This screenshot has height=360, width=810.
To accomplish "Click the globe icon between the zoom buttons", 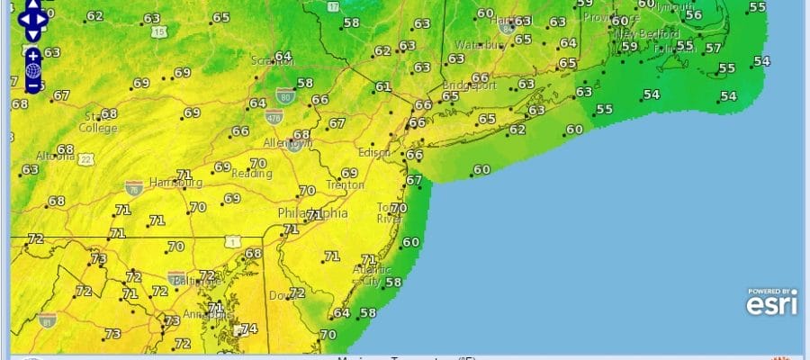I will (33, 70).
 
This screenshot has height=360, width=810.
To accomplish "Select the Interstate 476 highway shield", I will (274, 116).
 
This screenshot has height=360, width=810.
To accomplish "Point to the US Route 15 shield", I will (158, 32).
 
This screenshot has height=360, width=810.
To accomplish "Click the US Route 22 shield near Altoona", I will (85, 158).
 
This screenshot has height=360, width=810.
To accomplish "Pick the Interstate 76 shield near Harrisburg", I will (133, 187).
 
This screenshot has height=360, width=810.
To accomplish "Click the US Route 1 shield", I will (233, 241).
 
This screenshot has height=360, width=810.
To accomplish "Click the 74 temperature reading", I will (249, 328).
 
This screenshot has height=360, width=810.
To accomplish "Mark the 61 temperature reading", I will (383, 87).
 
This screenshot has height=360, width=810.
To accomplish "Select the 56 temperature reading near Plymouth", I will (693, 14).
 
